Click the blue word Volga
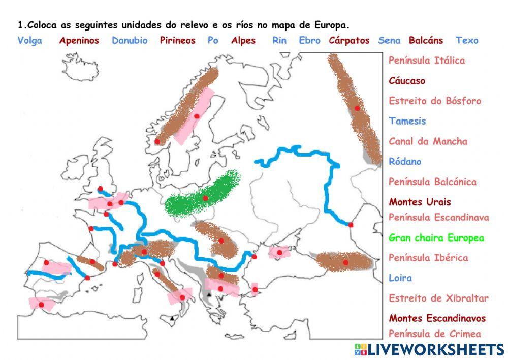coord(30,41)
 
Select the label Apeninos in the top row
coord(79,41)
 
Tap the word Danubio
coord(130,41)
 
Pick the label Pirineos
coord(178,41)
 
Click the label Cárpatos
coord(349,41)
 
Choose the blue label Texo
coord(467,41)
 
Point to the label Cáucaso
coord(407,81)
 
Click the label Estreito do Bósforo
coord(435,101)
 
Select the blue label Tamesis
coord(407,121)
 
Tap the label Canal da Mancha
coord(428,141)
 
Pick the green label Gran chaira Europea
coord(436,237)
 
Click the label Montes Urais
coord(420,202)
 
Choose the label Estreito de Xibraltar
coord(438,298)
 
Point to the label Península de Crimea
coord(434,334)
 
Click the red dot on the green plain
coord(205,198)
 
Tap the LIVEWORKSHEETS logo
coord(429,349)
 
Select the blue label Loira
coord(400,278)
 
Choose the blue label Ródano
coord(405,162)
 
